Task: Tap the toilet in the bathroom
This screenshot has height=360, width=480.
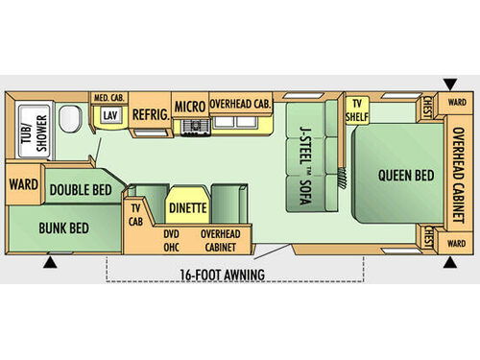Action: [x=69, y=120]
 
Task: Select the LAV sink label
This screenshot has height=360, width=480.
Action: [x=110, y=116]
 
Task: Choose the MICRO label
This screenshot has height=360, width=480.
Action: [x=189, y=107]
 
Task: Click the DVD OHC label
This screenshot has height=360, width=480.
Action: [x=172, y=240]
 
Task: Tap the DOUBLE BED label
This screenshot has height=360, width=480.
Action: [x=82, y=190]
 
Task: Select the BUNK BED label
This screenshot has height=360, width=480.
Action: [x=64, y=228]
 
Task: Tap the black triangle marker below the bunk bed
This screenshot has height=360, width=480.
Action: [x=50, y=261]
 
